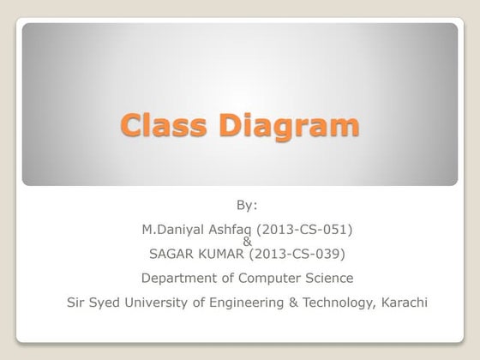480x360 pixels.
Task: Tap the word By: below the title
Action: click(x=247, y=205)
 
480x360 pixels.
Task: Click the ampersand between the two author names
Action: click(x=248, y=242)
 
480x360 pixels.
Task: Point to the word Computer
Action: click(x=271, y=278)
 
